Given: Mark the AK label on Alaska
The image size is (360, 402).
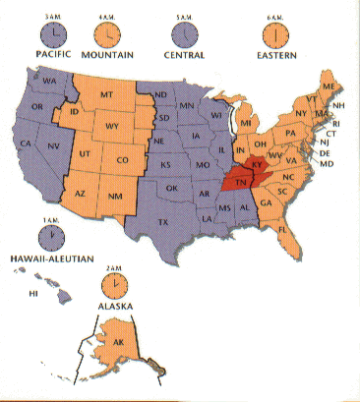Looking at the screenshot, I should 119,343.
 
